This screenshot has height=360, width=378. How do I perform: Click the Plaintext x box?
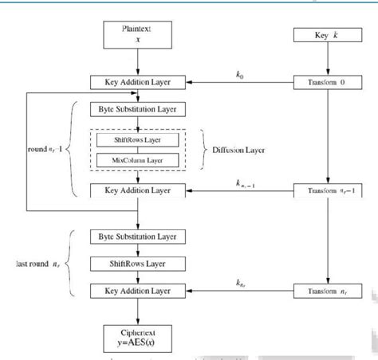tap(139, 33)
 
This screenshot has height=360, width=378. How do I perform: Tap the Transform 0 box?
tap(324, 82)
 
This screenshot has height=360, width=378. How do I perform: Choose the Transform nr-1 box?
tap(324, 190)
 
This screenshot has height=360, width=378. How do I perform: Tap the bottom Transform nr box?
tap(324, 292)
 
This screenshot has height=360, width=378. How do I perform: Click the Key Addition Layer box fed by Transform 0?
tap(139, 82)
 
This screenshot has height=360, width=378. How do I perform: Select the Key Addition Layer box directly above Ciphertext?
tap(139, 292)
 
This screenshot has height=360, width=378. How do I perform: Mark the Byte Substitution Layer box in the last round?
tap(139, 237)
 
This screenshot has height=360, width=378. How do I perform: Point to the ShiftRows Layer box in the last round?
tap(139, 264)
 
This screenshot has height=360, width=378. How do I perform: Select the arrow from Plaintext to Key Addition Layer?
tap(139, 61)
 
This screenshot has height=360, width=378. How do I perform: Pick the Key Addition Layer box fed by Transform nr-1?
tap(139, 190)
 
